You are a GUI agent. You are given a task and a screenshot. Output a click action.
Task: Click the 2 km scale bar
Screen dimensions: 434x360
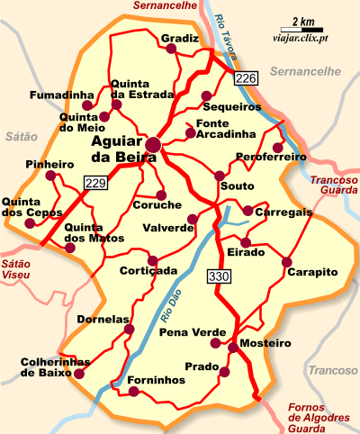pyautogui.click(x=302, y=24)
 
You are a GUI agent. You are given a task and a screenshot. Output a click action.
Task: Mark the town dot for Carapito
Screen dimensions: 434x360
pyautogui.click(x=287, y=262)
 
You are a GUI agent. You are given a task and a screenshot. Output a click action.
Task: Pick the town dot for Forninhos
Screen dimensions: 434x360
pyautogui.click(x=135, y=392)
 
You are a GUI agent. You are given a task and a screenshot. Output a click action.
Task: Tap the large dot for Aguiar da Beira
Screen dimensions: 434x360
pyautogui.click(x=154, y=143)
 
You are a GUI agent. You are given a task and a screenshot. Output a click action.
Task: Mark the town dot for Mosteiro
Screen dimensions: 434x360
pyautogui.click(x=231, y=347)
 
